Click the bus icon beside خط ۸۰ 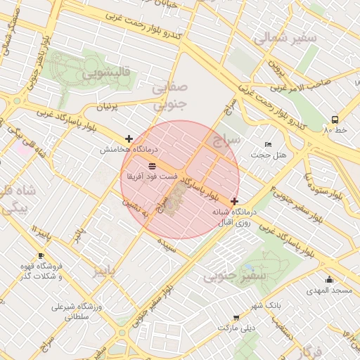(x=335, y=120)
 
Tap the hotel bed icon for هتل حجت (x=266, y=144)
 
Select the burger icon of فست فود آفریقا (x=153, y=165)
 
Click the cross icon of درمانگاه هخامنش (x=128, y=139)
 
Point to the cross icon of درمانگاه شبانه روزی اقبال (x=234, y=201)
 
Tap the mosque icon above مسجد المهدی (x=328, y=279)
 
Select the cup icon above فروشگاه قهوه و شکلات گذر (x=41, y=256)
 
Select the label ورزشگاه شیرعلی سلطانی (x=78, y=312)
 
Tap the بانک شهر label (x=266, y=306)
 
